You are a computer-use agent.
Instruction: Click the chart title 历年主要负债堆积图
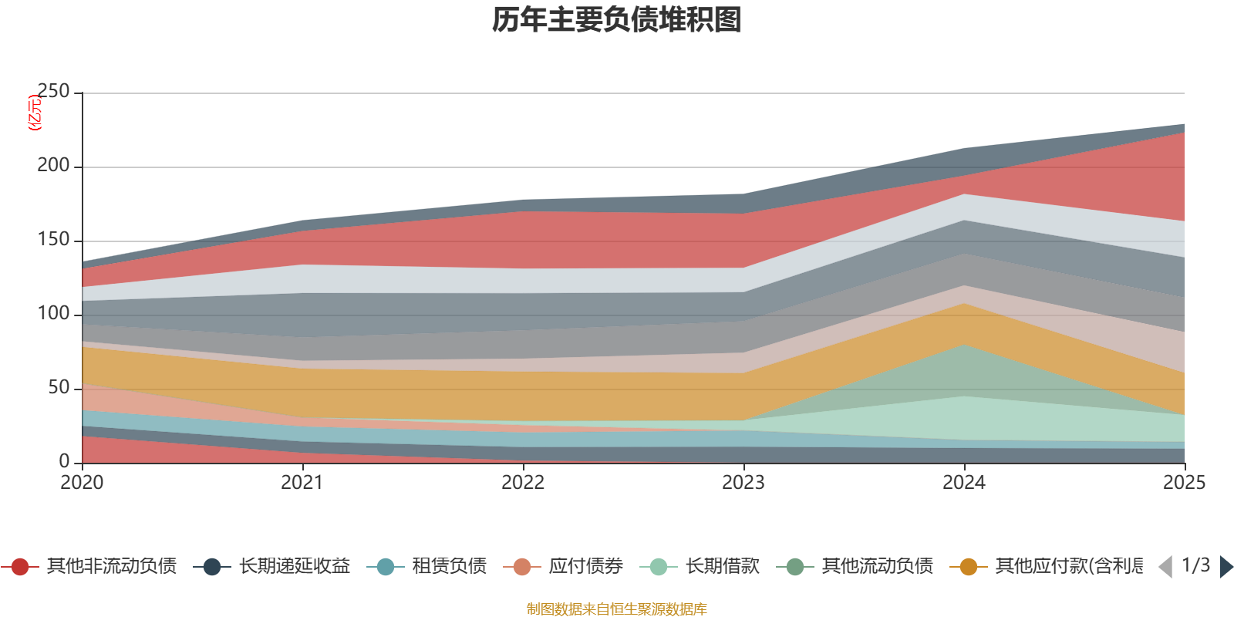(x=617, y=20)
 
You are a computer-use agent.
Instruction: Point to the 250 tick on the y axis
(x=53, y=92)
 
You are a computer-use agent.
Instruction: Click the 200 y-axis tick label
(x=53, y=166)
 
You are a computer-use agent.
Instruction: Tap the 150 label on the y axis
(x=53, y=240)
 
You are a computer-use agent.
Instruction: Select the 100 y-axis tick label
(x=53, y=314)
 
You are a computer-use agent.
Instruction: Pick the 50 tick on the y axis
(x=59, y=388)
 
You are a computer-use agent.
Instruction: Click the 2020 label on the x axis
(x=82, y=483)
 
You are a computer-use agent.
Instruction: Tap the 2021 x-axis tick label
(x=302, y=483)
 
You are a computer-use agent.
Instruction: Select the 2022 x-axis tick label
(x=523, y=483)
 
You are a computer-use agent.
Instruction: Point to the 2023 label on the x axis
(x=743, y=483)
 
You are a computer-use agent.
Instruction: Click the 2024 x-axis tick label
(x=964, y=483)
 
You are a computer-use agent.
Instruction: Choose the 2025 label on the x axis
(x=1184, y=483)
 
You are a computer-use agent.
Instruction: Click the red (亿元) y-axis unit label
(x=35, y=113)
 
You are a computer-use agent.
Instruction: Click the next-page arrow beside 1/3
(x=1226, y=567)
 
